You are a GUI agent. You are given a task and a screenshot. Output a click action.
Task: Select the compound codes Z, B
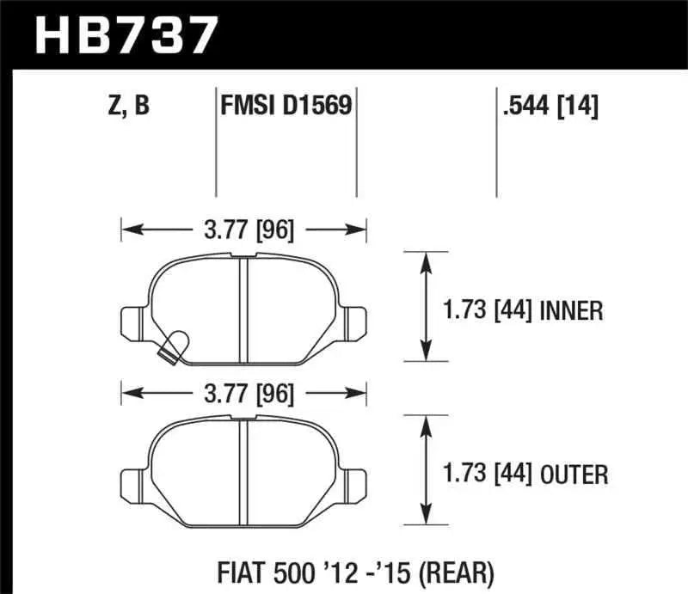(x=126, y=107)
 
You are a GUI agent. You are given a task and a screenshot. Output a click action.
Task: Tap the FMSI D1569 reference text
(x=285, y=107)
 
